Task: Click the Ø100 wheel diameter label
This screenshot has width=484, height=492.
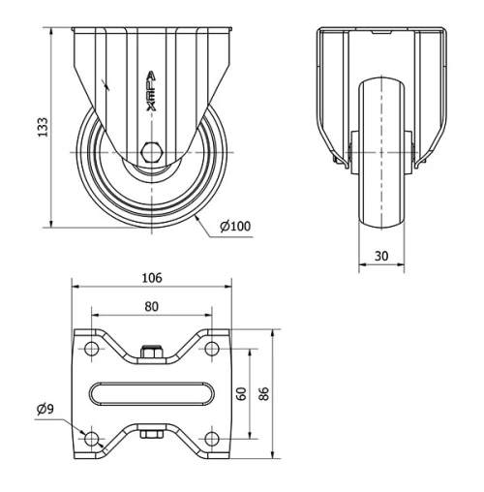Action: tap(235, 227)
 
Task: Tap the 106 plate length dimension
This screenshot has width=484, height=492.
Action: tap(151, 278)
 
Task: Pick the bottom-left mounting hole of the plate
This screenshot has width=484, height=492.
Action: tap(93, 439)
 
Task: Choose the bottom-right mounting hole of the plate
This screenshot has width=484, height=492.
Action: tap(210, 439)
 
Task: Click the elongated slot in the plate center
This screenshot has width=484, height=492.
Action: tap(151, 393)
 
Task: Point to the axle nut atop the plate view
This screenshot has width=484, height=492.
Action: tap(151, 352)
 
